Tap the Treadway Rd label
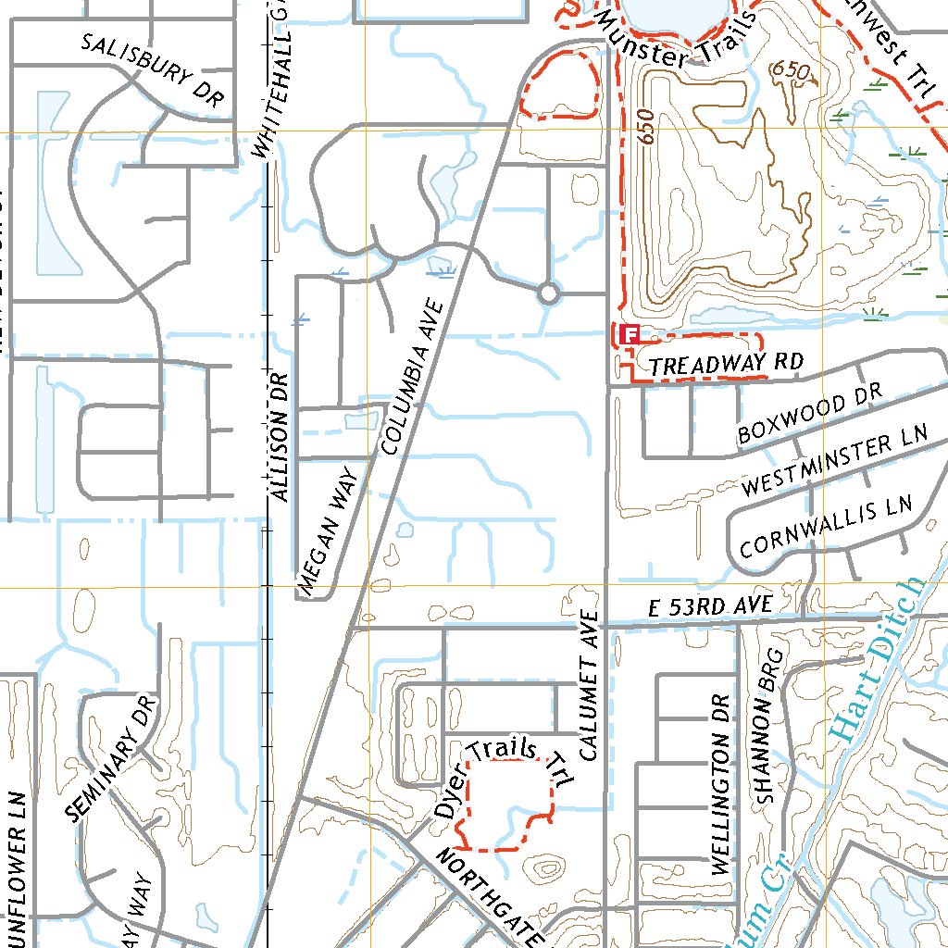724,364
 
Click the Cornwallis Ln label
827,525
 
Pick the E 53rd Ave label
710,605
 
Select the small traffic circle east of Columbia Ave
548,294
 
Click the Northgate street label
491,893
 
